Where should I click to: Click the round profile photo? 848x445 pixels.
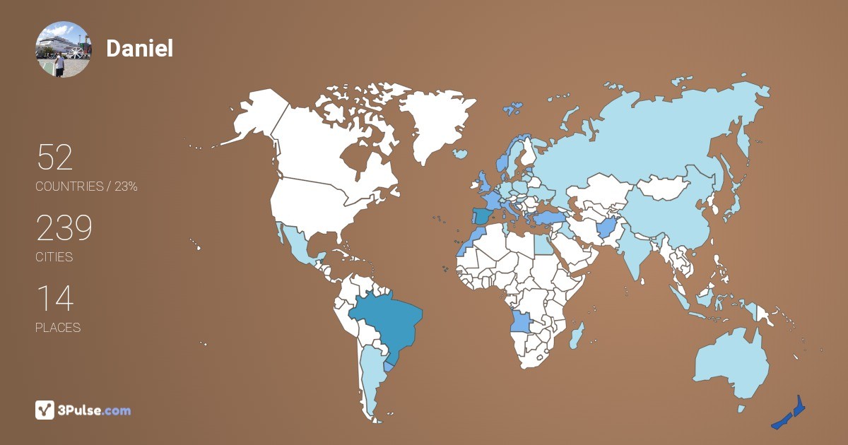pyautogui.click(x=63, y=49)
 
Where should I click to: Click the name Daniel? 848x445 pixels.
pyautogui.click(x=139, y=48)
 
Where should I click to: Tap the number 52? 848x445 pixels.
pyautogui.click(x=54, y=158)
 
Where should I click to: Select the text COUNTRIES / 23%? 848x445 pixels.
pyautogui.click(x=86, y=187)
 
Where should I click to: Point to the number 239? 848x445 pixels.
pyautogui.click(x=64, y=228)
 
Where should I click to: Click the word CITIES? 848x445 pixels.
pyautogui.click(x=54, y=257)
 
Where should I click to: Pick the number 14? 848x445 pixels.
pyautogui.click(x=54, y=299)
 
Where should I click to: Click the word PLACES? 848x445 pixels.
pyautogui.click(x=58, y=328)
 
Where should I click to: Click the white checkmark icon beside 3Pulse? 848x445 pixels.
pyautogui.click(x=45, y=410)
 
